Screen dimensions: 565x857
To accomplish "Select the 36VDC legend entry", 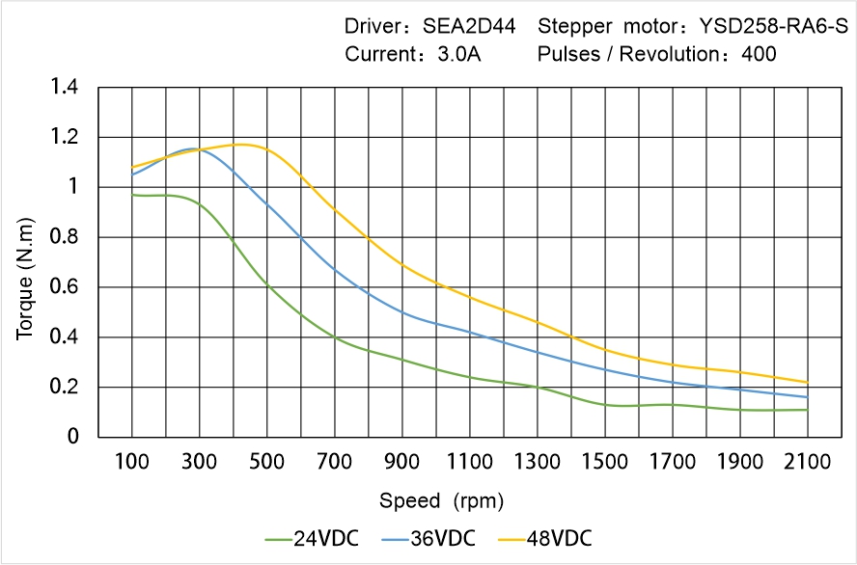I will pyautogui.click(x=441, y=538).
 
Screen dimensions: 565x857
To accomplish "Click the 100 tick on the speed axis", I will pyautogui.click(x=132, y=462).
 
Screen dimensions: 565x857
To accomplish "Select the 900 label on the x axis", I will pyautogui.click(x=401, y=462).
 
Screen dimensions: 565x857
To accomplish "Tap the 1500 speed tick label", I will pyautogui.click(x=604, y=462).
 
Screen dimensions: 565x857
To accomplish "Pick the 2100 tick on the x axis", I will pyautogui.click(x=807, y=462).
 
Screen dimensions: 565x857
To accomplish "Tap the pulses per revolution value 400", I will pyautogui.click(x=759, y=54).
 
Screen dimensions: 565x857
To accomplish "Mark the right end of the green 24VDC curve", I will pyautogui.click(x=807, y=410).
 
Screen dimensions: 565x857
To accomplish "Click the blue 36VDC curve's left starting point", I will pyautogui.click(x=132, y=174).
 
